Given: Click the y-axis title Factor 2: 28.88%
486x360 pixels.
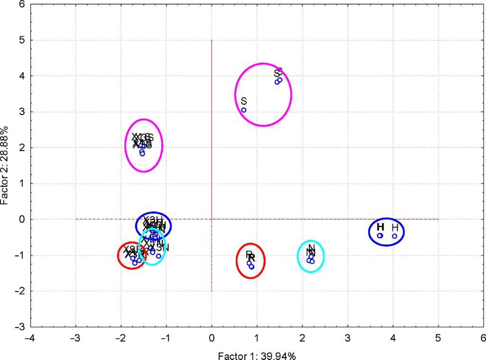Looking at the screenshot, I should (x=5, y=165).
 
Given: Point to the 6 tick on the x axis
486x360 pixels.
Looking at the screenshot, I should (x=483, y=338).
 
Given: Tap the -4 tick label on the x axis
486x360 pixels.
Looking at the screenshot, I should (x=29, y=338).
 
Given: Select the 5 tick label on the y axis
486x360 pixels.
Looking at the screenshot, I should (x=22, y=40).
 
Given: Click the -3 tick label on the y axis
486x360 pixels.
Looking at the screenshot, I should (x=20, y=327).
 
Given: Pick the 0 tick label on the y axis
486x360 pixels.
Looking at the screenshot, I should (x=22, y=219).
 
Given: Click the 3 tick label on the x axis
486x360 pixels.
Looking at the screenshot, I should (x=347, y=338).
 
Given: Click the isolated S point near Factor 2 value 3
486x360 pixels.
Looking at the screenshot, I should (x=243, y=110).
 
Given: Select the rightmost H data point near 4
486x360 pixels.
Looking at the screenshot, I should (x=394, y=236).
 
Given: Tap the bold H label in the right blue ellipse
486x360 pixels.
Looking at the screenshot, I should (x=380, y=227).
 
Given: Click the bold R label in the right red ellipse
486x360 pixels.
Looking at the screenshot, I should (x=252, y=258).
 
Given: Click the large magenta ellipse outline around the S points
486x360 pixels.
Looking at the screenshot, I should (x=291, y=95).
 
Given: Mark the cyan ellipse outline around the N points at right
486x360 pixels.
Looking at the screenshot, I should (x=324, y=256).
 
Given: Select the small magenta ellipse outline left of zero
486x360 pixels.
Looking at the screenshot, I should (x=163, y=145).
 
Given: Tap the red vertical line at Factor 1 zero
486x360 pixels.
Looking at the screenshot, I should (x=211, y=142).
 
